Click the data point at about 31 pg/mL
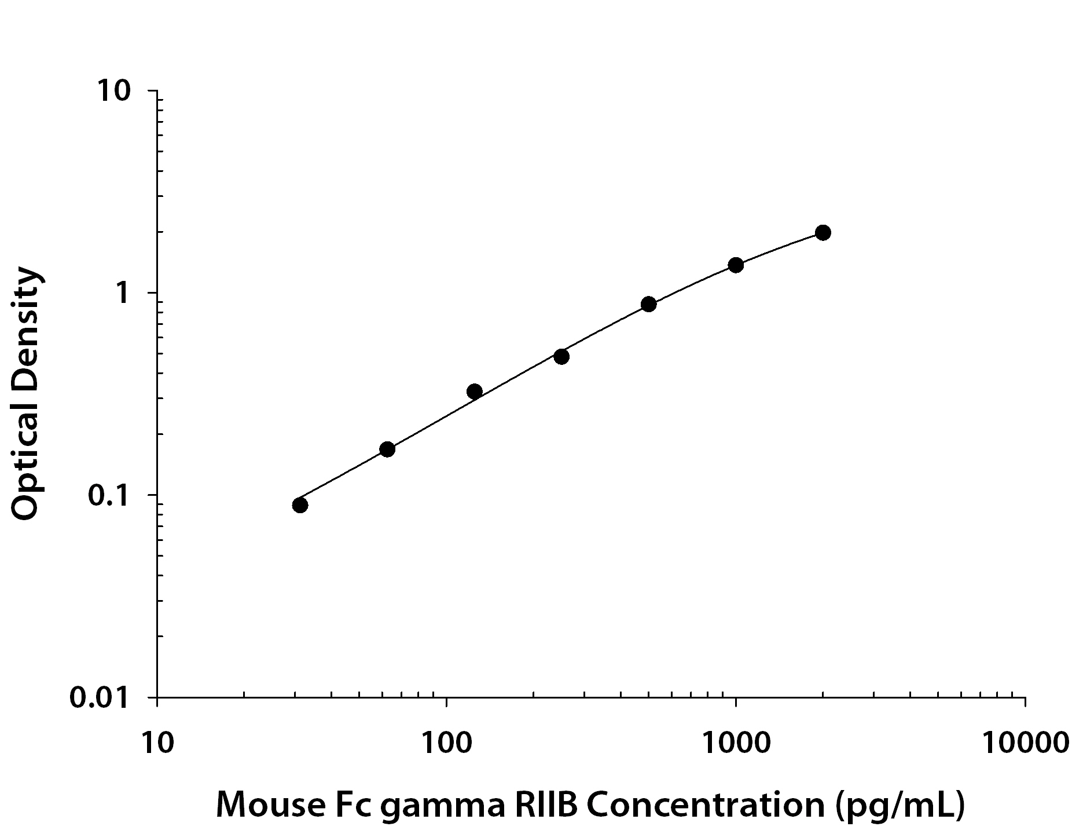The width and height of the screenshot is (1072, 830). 300,505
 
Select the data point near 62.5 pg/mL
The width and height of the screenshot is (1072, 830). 387,449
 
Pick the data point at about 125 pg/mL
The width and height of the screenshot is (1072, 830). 474,392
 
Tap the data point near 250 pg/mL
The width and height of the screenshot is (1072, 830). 561,356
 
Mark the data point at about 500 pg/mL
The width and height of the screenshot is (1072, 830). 648,304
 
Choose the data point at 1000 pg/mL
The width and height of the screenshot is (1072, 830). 736,265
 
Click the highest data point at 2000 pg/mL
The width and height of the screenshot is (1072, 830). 823,232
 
